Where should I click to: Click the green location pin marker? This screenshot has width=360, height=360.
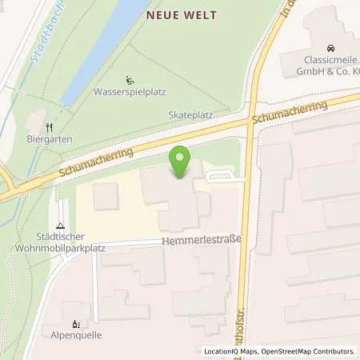coord(181,162)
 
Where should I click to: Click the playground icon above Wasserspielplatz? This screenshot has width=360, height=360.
coord(130,79)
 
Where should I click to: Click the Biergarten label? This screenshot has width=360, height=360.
coord(50,139)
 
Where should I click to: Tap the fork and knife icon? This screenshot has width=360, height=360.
coord(50,126)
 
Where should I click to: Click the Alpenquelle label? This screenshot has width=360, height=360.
coord(76,335)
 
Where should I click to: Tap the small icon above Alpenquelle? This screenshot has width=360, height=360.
coord(76,323)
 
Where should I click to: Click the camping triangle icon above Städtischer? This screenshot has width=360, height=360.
coord(61,226)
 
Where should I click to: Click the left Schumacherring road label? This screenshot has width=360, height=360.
coord(94,164)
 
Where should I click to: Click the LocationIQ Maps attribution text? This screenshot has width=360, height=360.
coord(231,351)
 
